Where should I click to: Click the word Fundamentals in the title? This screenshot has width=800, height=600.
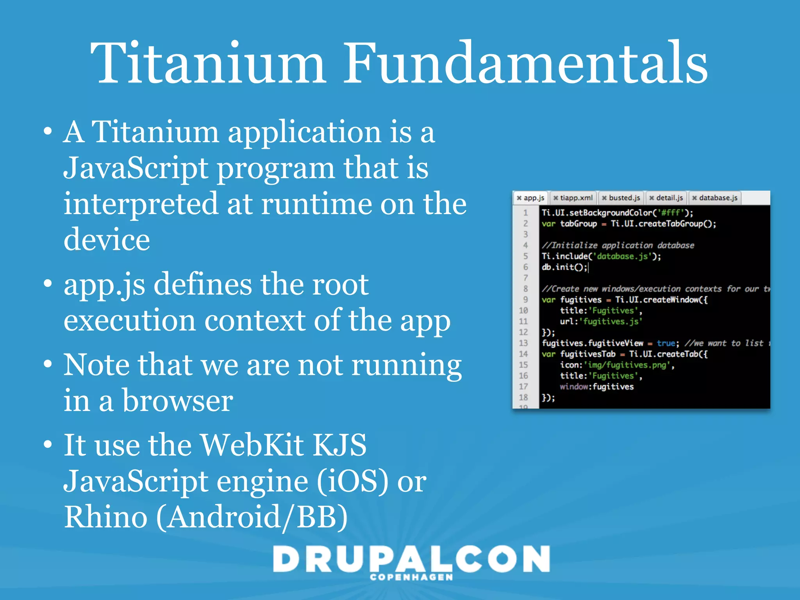pyautogui.click(x=525, y=63)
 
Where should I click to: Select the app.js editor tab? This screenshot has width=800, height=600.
pyautogui.click(x=531, y=198)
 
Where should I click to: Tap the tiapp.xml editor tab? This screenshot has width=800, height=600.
pyautogui.click(x=573, y=198)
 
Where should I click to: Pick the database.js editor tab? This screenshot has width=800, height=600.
pyautogui.click(x=715, y=198)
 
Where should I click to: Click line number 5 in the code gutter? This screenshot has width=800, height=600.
pyautogui.click(x=525, y=256)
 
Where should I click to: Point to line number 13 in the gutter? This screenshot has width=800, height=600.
pyautogui.click(x=523, y=343)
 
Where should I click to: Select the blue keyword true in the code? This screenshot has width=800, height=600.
pyautogui.click(x=666, y=343)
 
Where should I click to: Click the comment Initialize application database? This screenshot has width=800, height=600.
pyautogui.click(x=618, y=245)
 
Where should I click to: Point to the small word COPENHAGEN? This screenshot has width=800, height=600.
pyautogui.click(x=411, y=577)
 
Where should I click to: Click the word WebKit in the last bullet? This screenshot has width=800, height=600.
pyautogui.click(x=252, y=445)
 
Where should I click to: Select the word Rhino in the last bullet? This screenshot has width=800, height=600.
pyautogui.click(x=105, y=517)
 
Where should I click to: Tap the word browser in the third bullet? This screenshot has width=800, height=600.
pyautogui.click(x=178, y=401)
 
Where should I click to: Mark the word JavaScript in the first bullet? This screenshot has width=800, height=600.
pyautogui.click(x=136, y=168)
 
